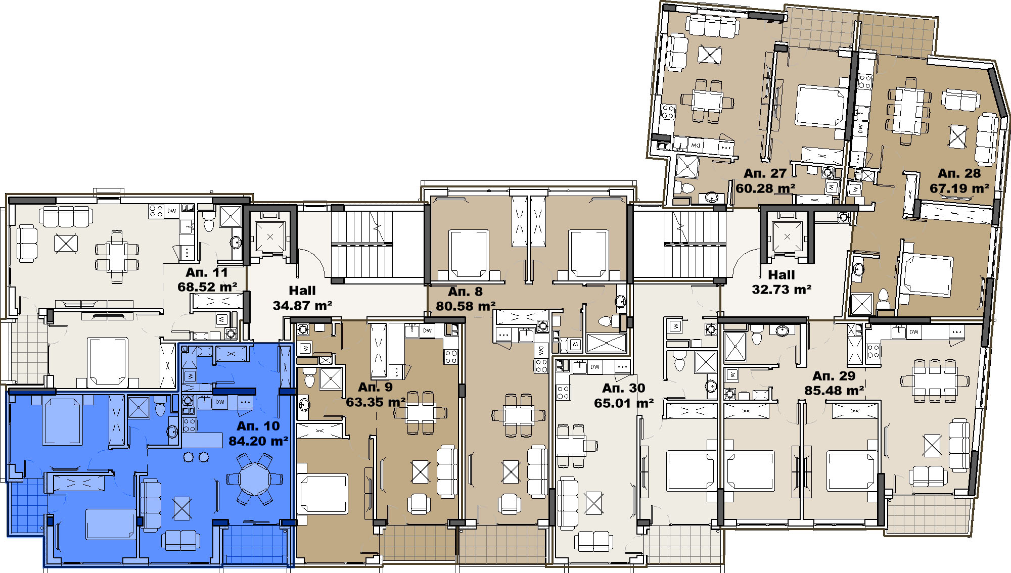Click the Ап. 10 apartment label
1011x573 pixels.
[x=258, y=426]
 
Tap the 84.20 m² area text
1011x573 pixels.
[x=258, y=441]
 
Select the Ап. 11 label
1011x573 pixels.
[x=207, y=272]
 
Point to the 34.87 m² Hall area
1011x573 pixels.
[x=302, y=306]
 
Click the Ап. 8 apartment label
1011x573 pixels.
[x=465, y=292]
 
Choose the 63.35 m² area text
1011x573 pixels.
[x=376, y=402]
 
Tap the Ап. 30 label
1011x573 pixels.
[x=624, y=388]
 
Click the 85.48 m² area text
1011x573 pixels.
[x=834, y=391]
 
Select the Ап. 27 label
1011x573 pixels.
[x=765, y=173]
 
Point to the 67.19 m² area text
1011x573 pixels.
[x=959, y=188]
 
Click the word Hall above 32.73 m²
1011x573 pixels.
[x=782, y=275]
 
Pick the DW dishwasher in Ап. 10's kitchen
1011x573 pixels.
[x=220, y=402]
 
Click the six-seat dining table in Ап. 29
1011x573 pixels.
[x=934, y=381]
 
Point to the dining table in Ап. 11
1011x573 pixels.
[x=117, y=257]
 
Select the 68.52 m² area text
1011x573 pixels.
[x=207, y=287]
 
